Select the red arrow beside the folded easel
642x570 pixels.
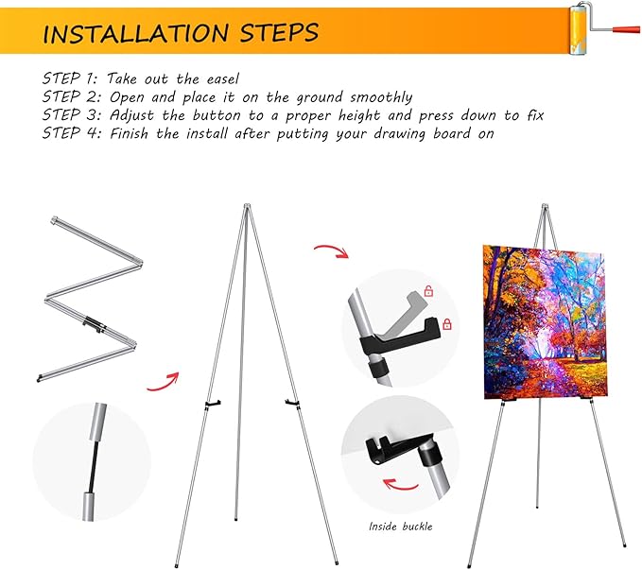pos(163,382)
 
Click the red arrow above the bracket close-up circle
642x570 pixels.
pos(331,250)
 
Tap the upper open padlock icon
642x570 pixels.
pos(427,291)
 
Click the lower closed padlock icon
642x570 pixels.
pos(446,324)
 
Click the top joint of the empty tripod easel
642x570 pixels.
pos(247,205)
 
